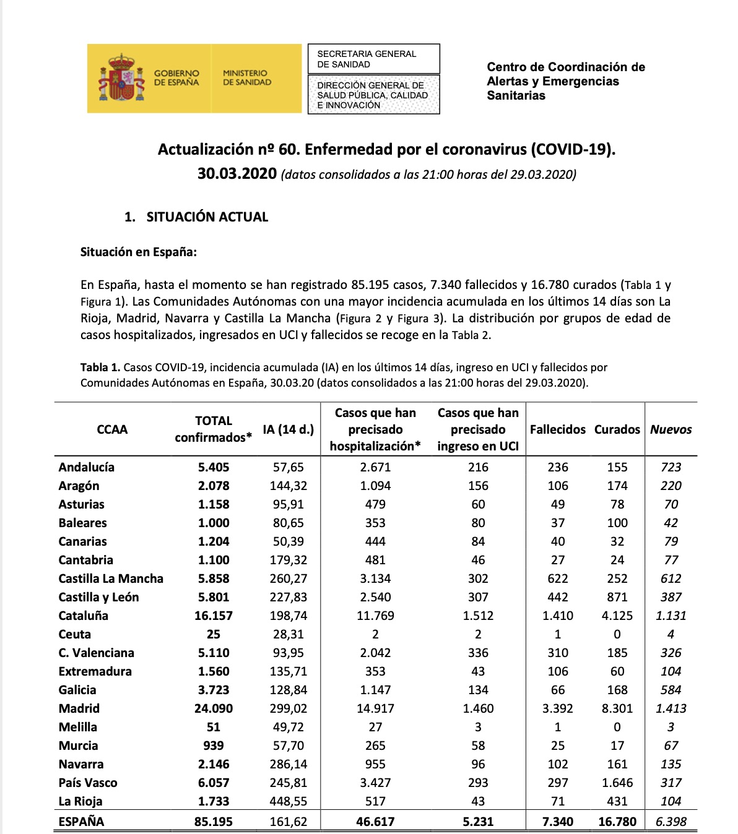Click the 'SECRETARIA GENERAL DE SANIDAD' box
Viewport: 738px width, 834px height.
[x=373, y=59]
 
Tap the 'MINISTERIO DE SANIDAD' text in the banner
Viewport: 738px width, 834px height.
[x=247, y=78]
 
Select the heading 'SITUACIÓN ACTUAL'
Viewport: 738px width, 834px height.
[x=207, y=217]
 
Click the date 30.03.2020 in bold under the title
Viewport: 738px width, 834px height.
[x=237, y=174]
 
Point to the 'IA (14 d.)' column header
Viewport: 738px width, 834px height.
[x=289, y=429]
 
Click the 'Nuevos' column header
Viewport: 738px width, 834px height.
[x=671, y=429]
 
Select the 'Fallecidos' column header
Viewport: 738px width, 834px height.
[x=557, y=429]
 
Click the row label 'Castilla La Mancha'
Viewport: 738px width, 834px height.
[x=111, y=578]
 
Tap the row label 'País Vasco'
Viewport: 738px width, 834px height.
[x=88, y=783]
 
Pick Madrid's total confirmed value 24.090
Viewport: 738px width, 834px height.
[x=214, y=708]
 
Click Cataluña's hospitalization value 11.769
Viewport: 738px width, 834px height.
[x=375, y=616]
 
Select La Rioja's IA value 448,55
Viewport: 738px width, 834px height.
[x=289, y=801]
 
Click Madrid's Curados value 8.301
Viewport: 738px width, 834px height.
[x=617, y=708]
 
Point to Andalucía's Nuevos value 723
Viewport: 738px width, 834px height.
[x=671, y=467]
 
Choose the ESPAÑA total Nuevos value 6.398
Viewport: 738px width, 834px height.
[x=671, y=822]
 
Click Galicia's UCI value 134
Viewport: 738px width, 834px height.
[x=478, y=690]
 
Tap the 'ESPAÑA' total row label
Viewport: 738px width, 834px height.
[x=81, y=822]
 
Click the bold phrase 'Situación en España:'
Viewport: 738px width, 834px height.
[x=139, y=252]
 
